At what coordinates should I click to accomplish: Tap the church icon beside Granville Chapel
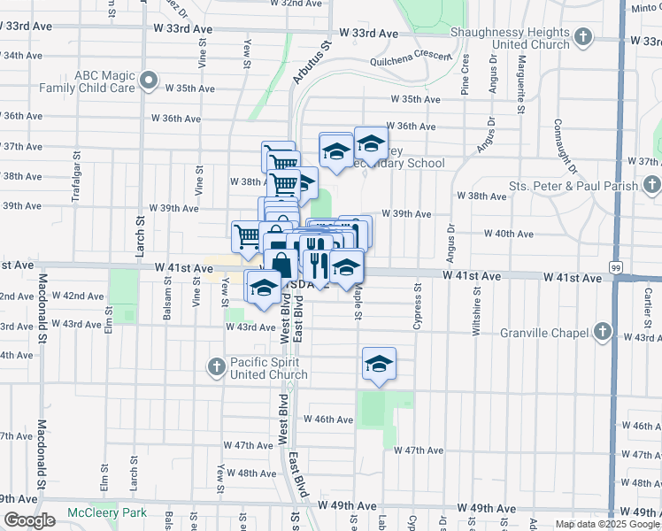(602, 333)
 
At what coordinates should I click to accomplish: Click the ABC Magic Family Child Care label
(93, 81)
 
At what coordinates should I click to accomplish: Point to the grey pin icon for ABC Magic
(150, 84)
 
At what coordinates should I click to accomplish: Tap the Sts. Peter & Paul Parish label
(573, 187)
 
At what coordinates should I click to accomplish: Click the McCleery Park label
(107, 513)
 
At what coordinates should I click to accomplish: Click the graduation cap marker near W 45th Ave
(379, 365)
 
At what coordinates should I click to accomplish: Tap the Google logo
(29, 521)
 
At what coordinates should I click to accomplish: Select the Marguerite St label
(523, 80)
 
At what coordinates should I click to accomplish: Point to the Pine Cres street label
(465, 75)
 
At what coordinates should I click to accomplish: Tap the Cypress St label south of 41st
(416, 307)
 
